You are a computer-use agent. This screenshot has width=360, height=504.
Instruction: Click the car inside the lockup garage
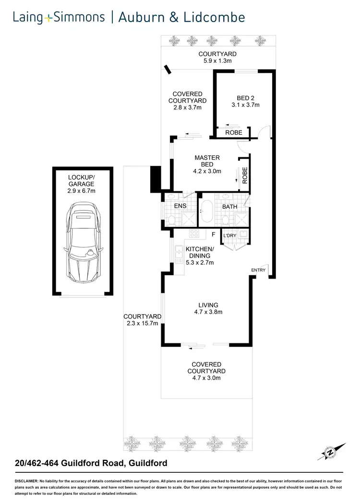pyautogui.click(x=83, y=245)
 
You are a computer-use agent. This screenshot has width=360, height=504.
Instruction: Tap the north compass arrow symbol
pyautogui.click(x=331, y=452)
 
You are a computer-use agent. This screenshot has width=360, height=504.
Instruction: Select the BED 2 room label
pyautogui.click(x=245, y=98)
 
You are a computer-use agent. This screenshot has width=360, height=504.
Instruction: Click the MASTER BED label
pyautogui.click(x=207, y=161)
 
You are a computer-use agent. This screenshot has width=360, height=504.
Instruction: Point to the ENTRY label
pyautogui.click(x=258, y=270)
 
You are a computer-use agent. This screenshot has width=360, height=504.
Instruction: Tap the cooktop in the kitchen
pyautogui.click(x=195, y=234)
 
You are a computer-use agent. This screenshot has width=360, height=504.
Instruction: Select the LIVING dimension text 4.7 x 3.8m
pyautogui.click(x=208, y=312)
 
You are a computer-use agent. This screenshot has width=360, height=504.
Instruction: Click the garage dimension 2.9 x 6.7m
pyautogui.click(x=81, y=191)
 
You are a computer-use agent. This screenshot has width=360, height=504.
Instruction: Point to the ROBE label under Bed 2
pyautogui.click(x=234, y=132)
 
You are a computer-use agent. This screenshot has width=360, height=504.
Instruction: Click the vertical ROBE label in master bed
pyautogui.click(x=245, y=176)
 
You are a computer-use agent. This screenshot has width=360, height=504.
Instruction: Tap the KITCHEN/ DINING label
pyautogui.click(x=200, y=252)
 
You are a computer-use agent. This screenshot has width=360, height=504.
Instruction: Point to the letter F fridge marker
pyautogui.click(x=213, y=234)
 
